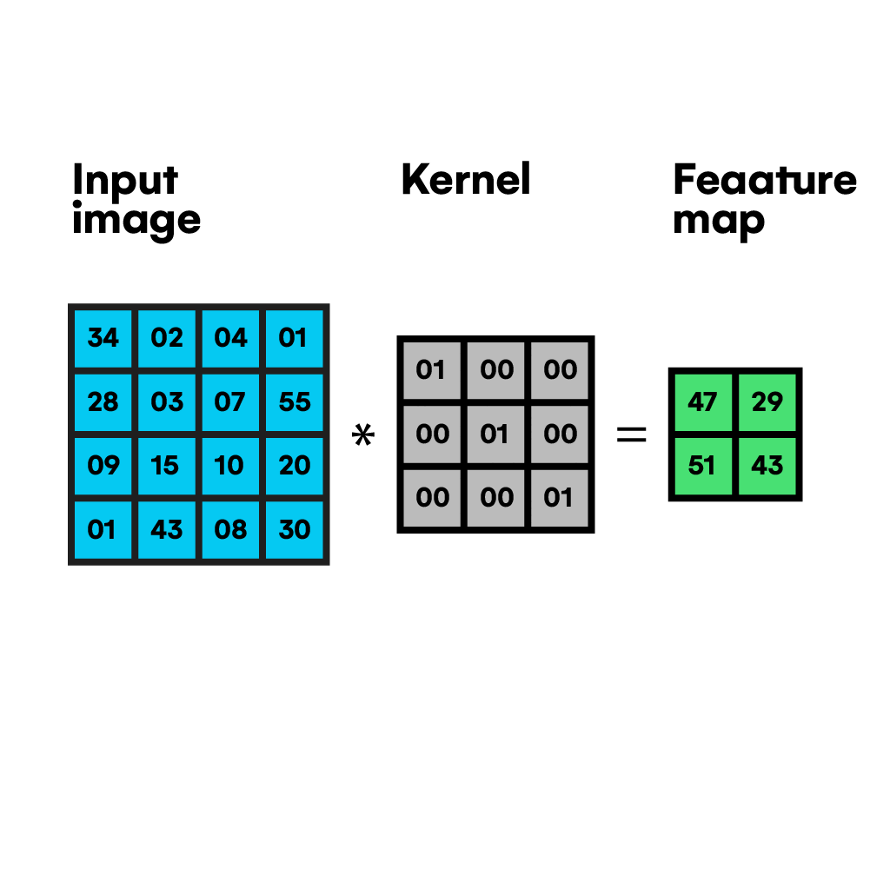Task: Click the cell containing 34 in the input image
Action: tap(103, 339)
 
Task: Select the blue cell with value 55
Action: tap(294, 402)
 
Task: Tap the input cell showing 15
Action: tap(167, 466)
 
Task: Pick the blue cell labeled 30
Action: tap(294, 530)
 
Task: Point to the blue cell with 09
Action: tap(103, 466)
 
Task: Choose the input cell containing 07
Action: tap(231, 402)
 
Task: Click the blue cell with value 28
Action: tap(103, 402)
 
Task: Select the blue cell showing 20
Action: tap(294, 466)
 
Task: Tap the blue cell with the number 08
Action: tap(231, 530)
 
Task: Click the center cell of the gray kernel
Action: tap(495, 434)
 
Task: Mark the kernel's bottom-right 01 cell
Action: tap(560, 498)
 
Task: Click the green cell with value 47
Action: tap(703, 402)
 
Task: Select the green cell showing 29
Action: tap(767, 402)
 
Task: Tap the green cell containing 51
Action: tap(703, 466)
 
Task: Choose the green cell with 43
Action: tap(767, 466)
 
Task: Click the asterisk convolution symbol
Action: tap(363, 434)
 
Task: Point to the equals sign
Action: tap(631, 434)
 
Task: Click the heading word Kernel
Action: tap(466, 179)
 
